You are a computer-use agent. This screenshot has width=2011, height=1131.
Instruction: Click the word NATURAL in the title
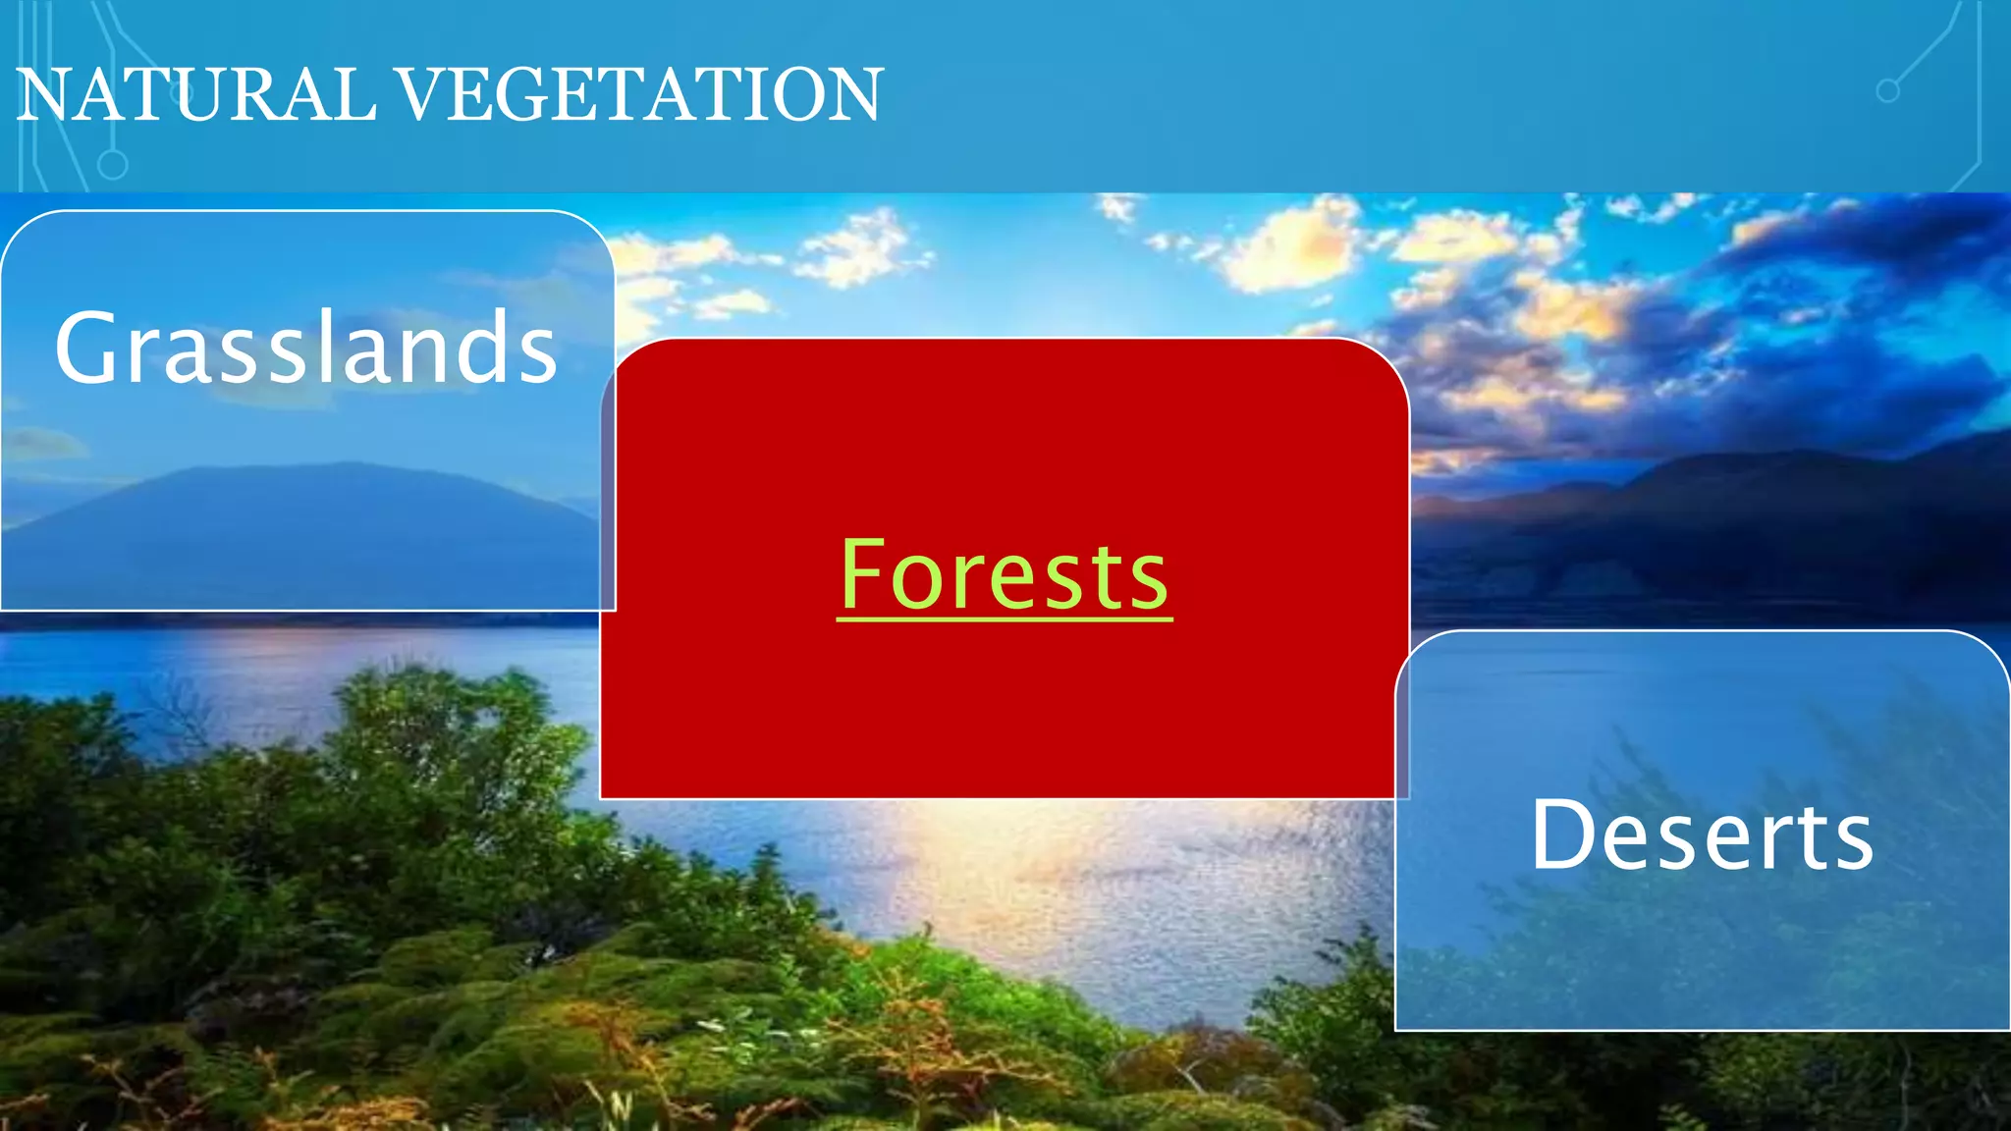coord(196,95)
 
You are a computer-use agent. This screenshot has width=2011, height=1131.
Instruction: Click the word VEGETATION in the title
coord(640,95)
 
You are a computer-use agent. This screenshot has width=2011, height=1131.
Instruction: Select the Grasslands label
coord(306,348)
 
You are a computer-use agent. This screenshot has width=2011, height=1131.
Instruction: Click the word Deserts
coord(1703,835)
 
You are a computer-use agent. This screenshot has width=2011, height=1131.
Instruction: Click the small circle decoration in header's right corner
coord(1887,91)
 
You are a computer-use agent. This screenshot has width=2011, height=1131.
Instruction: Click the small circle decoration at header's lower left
coord(113,164)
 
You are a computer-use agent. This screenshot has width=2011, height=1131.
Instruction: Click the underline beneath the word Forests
coord(1005,619)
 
